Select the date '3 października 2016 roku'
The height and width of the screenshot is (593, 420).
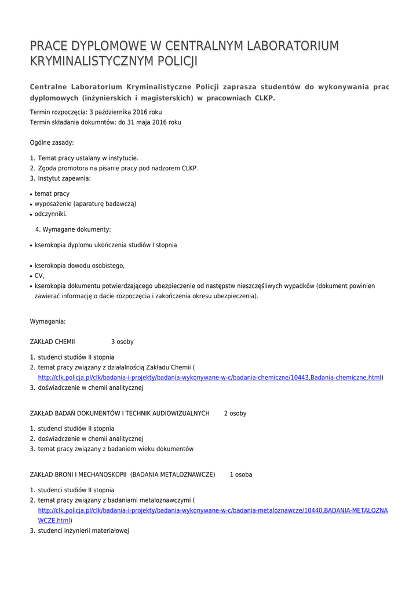[x=126, y=112]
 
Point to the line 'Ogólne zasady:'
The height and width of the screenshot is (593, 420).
[x=52, y=142]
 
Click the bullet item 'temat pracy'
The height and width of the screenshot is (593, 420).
[x=52, y=193]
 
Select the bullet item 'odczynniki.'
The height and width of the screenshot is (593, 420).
[x=50, y=214]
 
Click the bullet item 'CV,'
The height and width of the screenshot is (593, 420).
[x=39, y=276]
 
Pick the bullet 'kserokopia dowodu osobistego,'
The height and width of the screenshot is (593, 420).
[x=79, y=265]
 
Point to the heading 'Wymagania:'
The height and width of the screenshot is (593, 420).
[x=48, y=321]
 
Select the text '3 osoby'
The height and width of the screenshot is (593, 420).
[x=122, y=342]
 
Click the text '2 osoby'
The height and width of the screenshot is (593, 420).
[x=235, y=413]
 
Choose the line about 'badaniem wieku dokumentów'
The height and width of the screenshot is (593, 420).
[x=116, y=449]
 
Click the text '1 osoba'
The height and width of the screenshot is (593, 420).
[x=241, y=474]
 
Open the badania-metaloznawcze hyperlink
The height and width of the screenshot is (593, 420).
[x=213, y=510]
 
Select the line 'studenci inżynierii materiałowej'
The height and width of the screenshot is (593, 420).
[x=83, y=530]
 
